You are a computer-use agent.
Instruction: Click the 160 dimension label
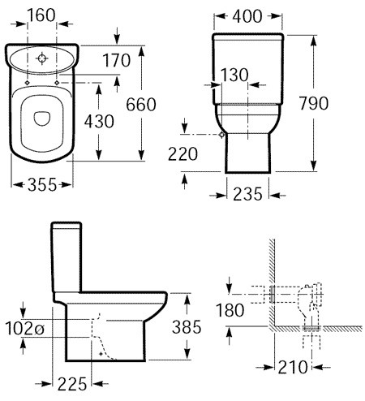pos(41,15)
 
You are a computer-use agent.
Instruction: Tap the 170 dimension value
pos(117,60)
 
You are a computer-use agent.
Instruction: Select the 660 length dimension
pos(141,104)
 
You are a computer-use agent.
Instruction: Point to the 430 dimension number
pos(99,121)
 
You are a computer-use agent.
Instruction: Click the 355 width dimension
pos(42,185)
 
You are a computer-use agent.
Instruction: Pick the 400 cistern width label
pos(247,16)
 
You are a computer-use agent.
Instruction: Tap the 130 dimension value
pos(234,75)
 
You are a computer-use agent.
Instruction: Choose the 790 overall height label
pos(314,103)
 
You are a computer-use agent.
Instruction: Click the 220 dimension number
pos(182,154)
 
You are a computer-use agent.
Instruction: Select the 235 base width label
pos(247,194)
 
